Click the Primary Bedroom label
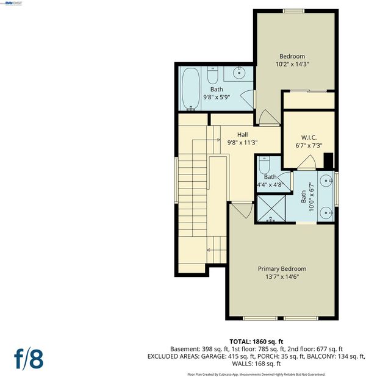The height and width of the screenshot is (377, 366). point(282,268)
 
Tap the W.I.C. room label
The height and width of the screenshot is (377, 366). point(309,137)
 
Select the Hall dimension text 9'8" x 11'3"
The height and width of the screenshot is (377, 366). point(242,142)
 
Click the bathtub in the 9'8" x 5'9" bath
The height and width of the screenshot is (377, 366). point(191,89)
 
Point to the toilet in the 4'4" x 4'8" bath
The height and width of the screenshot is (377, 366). point(264,165)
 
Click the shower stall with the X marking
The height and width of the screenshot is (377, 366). point(271,209)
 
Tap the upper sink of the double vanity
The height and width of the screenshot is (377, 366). point(327,181)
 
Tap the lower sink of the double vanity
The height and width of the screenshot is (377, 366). point(327,213)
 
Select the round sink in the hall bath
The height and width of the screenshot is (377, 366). point(239,73)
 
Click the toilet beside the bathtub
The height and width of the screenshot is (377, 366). point(212,75)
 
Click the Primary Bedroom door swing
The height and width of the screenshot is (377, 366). point(242,210)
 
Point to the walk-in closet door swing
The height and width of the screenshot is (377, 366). point(307,162)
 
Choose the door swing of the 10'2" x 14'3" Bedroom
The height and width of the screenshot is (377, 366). point(267,117)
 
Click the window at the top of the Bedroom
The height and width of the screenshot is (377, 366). point(293,11)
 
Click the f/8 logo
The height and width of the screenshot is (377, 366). point(29,359)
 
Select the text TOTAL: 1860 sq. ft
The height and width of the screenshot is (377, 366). point(256,342)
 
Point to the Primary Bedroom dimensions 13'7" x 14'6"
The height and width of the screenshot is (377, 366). point(282,276)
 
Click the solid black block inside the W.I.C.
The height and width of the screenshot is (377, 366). point(329,160)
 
